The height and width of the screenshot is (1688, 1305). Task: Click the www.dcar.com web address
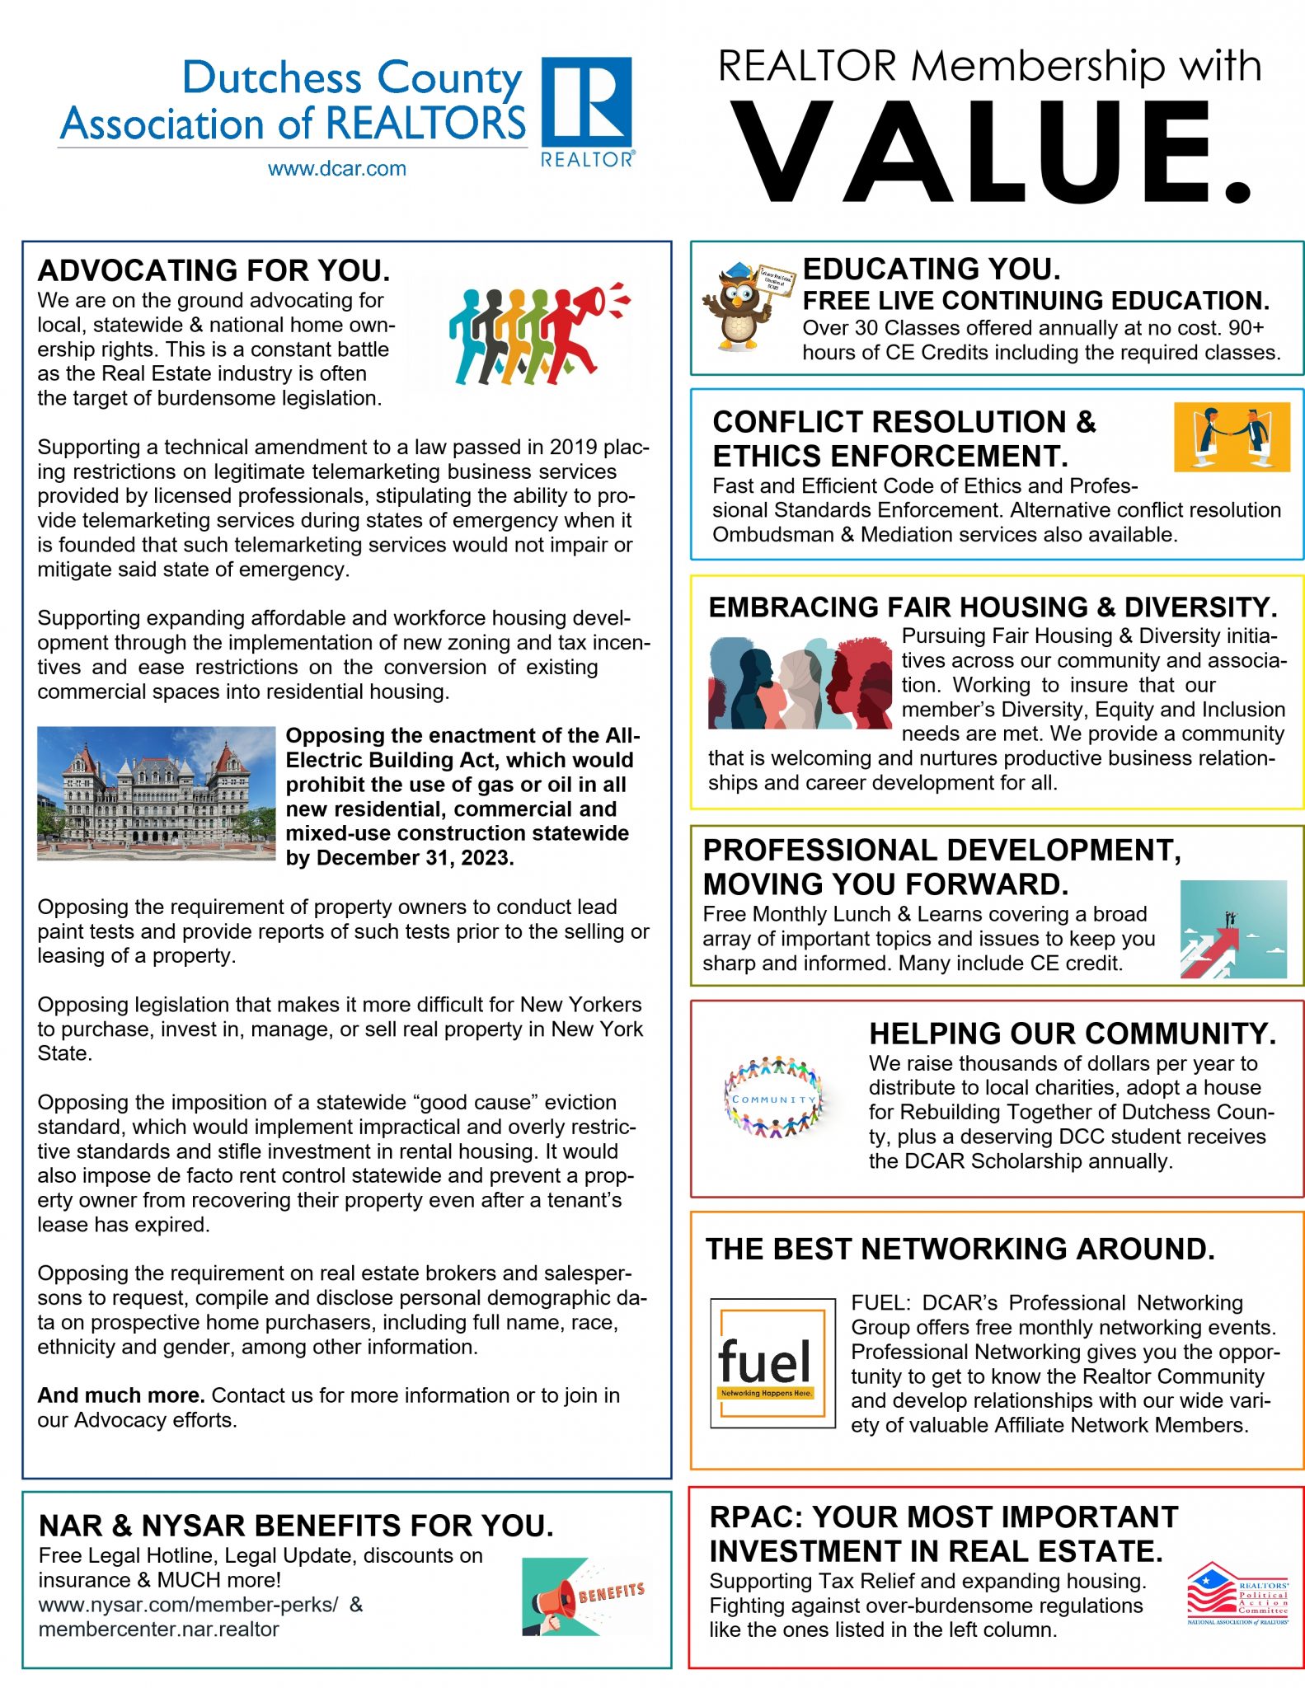(x=336, y=169)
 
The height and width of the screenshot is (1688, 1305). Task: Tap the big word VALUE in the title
(x=989, y=152)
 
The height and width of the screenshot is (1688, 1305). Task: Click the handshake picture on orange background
(x=1231, y=437)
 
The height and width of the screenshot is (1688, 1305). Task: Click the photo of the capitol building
(x=157, y=793)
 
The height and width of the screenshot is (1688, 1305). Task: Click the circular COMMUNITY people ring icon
(x=772, y=1097)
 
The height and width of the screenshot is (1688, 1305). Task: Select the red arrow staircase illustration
(x=1232, y=929)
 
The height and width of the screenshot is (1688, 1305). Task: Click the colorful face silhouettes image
(x=799, y=683)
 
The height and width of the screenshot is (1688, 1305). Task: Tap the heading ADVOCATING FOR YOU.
(x=214, y=271)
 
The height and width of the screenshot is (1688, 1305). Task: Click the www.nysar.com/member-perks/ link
(x=188, y=1605)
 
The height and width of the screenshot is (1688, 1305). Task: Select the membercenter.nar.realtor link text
(x=158, y=1629)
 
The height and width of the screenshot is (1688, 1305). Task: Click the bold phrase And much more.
(x=121, y=1395)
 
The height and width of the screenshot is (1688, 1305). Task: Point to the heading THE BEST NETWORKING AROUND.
(x=960, y=1250)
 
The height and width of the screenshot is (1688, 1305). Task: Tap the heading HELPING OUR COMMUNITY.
(x=1072, y=1034)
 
